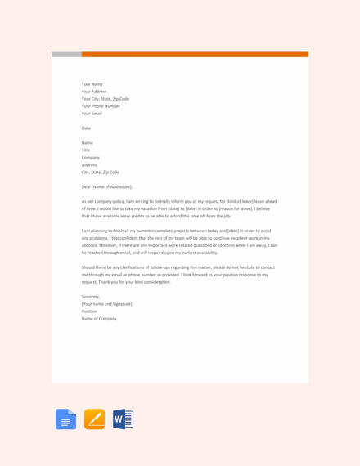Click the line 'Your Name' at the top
[92, 84]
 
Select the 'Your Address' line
[94, 92]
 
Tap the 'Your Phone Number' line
[101, 106]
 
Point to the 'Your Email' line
[92, 114]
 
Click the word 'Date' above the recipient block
[86, 128]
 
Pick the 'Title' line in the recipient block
[86, 150]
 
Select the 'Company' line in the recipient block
[91, 158]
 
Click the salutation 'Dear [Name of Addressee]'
[107, 187]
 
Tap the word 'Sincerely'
[91, 297]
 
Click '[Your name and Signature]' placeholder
[106, 304]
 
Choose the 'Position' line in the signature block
[89, 311]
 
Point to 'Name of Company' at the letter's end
[99, 319]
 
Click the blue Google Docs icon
[65, 419]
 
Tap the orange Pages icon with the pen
[94, 419]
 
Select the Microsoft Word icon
[123, 419]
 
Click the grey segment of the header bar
[66, 54]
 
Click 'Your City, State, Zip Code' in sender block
[106, 99]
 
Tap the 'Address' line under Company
[90, 165]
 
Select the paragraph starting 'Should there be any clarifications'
[178, 275]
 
